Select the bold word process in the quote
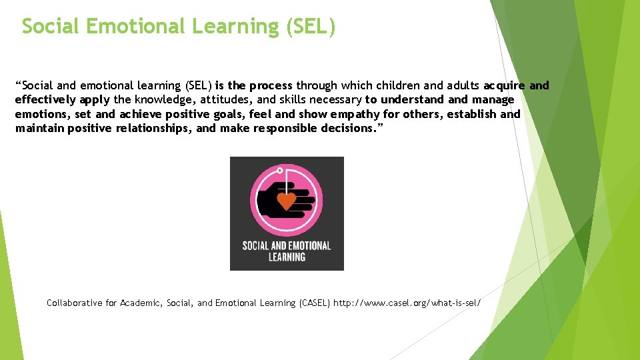(270, 85)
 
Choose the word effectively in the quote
(45, 100)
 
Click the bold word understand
(412, 100)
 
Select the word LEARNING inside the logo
(287, 257)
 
